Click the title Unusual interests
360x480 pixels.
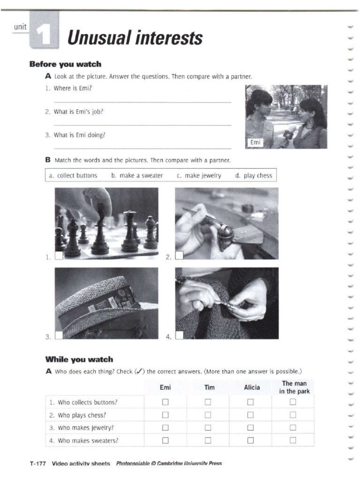click(x=135, y=37)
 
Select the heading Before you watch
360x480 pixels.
click(x=65, y=64)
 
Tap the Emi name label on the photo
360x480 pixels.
click(x=255, y=142)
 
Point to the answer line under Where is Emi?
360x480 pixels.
click(x=142, y=102)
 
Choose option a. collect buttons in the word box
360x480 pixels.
click(x=73, y=175)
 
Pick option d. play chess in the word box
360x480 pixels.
click(x=254, y=175)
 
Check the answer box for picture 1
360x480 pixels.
click(x=59, y=255)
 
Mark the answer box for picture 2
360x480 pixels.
click(x=179, y=255)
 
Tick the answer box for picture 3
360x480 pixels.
click(x=59, y=335)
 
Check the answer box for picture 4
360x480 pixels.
click(x=179, y=335)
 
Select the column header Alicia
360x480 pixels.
click(x=251, y=388)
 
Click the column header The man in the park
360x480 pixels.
click(x=294, y=387)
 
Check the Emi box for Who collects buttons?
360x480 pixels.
click(x=165, y=402)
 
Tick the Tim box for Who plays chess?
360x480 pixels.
click(x=208, y=415)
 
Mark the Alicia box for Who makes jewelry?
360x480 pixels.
click(x=250, y=427)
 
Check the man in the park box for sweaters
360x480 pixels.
click(x=293, y=440)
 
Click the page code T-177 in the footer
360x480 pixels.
click(x=37, y=464)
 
